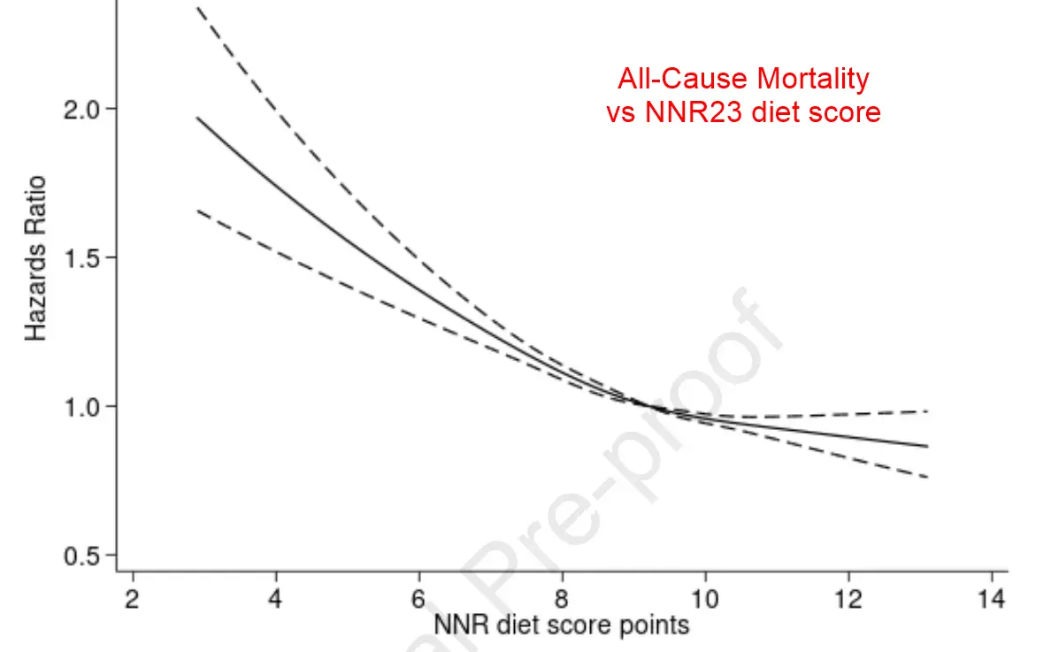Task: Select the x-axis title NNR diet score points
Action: click(x=561, y=625)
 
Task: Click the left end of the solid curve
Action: click(x=197, y=118)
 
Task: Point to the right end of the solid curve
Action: click(x=928, y=446)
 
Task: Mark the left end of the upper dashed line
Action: click(x=197, y=8)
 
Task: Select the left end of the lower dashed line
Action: click(x=197, y=211)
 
